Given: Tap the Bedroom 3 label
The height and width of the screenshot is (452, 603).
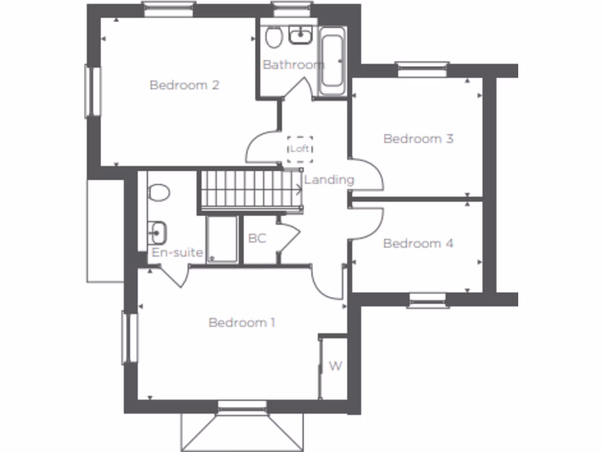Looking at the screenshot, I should click(x=418, y=139).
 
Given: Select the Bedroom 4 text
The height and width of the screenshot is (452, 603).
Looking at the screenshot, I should click(x=418, y=244).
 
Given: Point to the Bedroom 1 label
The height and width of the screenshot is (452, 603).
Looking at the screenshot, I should click(x=242, y=323).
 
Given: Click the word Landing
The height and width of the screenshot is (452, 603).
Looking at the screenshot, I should click(x=329, y=180).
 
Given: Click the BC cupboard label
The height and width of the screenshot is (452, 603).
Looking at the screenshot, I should click(x=257, y=239).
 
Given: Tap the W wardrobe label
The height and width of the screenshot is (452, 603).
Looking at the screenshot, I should click(x=335, y=367).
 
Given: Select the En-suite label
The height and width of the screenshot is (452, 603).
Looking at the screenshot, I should click(x=177, y=253).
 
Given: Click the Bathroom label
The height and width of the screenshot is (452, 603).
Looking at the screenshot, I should click(x=293, y=65).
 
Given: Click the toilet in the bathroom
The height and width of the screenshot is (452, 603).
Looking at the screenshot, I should click(x=273, y=38).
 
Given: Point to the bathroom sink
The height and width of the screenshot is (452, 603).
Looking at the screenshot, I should click(x=300, y=36).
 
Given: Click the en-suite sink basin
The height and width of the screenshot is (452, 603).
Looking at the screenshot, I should click(x=157, y=232).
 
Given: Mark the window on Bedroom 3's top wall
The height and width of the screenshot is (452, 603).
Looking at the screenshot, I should click(x=422, y=69).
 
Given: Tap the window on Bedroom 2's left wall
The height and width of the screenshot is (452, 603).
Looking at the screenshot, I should click(x=93, y=91).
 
